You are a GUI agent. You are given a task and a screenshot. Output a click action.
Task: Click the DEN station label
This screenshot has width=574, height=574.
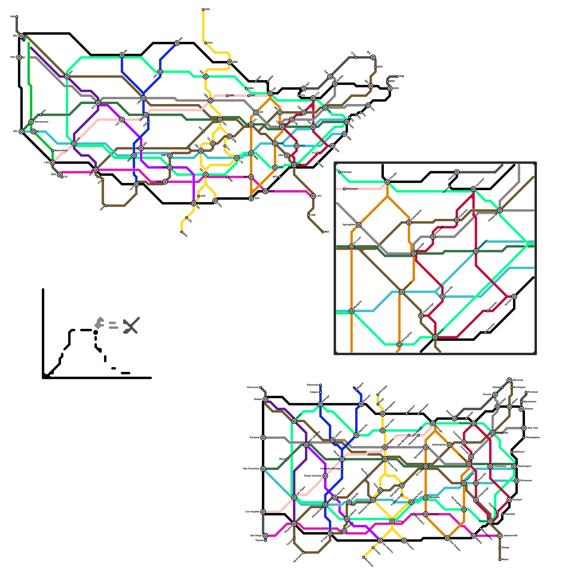[141, 118]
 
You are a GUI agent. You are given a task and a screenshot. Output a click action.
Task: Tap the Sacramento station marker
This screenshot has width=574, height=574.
[31, 122]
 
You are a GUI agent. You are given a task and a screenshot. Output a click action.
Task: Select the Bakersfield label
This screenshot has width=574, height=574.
[61, 150]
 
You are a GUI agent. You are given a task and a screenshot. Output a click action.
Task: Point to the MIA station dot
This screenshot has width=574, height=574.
[323, 232]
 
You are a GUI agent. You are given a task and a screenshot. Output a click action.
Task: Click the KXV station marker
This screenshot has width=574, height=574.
[297, 146]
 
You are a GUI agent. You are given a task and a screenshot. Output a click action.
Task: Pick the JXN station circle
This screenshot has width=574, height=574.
[251, 177]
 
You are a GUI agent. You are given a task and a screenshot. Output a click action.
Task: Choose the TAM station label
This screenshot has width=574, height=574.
[313, 215]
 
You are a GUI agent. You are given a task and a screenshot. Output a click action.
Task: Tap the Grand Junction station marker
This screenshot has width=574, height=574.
[325, 476]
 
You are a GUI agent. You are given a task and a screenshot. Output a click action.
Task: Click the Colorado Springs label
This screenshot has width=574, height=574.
[330, 469]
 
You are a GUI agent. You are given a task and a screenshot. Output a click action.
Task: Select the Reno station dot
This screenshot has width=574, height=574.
[287, 459]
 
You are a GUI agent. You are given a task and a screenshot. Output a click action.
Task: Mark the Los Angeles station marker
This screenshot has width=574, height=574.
[263, 512]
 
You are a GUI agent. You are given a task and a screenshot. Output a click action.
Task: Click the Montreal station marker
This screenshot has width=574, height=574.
[509, 380]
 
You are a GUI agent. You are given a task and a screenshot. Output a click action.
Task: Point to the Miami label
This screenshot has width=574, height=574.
[505, 560]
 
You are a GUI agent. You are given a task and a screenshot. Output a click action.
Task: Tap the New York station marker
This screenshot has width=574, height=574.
[524, 428]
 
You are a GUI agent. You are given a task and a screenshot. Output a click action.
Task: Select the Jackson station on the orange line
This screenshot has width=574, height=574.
[426, 514]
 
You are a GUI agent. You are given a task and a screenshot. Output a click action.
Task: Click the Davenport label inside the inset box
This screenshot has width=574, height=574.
[352, 189]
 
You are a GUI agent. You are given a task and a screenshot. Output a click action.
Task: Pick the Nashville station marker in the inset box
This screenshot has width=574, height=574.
[402, 292]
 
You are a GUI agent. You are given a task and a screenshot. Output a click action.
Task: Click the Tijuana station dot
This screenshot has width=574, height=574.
[265, 541]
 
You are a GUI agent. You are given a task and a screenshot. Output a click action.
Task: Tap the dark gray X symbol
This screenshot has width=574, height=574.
[131, 326]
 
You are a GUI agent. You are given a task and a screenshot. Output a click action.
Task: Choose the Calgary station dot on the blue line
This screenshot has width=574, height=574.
[320, 392]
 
